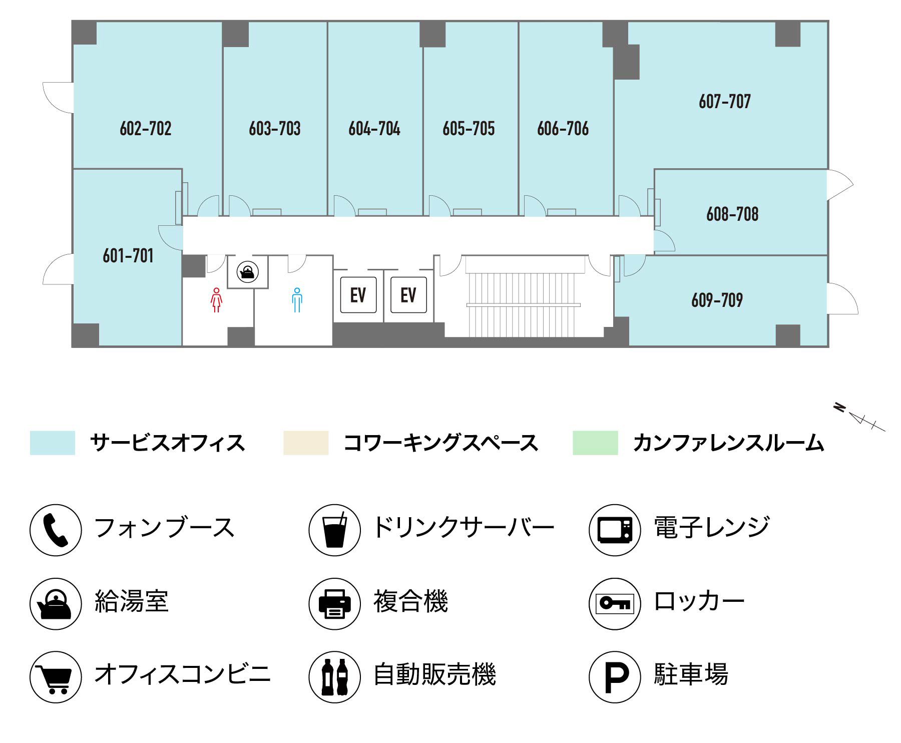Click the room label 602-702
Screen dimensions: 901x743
click(x=145, y=129)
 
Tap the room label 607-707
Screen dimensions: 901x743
click(x=724, y=102)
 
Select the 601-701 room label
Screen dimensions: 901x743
click(x=128, y=256)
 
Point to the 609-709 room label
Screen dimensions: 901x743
click(x=717, y=300)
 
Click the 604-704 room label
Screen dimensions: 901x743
click(x=374, y=129)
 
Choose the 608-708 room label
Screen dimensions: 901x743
click(x=732, y=214)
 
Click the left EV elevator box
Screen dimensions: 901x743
click(x=358, y=295)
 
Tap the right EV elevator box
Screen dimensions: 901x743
click(x=408, y=295)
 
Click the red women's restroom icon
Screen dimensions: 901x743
click(x=216, y=300)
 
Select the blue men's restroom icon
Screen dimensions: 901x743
click(x=297, y=300)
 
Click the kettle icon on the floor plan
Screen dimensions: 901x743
click(x=247, y=272)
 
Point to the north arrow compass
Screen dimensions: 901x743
click(x=859, y=417)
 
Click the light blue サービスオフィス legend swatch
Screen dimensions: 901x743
click(x=53, y=443)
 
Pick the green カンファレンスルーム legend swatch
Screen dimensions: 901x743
click(x=595, y=443)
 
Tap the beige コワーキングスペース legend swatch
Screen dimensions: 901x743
click(x=306, y=443)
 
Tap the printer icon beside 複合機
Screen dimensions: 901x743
click(x=334, y=603)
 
